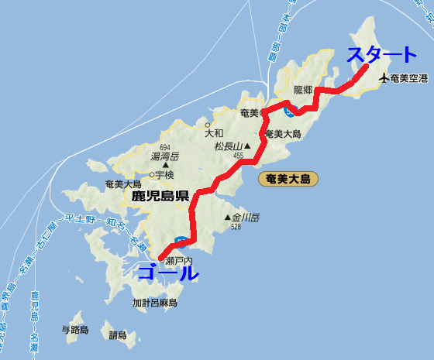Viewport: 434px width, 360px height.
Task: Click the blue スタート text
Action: tap(381, 55)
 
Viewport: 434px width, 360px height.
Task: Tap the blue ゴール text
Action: tap(168, 273)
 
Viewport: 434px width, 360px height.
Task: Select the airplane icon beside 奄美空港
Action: tap(383, 77)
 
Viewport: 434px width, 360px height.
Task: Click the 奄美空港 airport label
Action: tap(409, 77)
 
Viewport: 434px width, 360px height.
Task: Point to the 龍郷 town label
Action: tap(303, 90)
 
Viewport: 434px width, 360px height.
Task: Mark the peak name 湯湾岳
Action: tap(164, 156)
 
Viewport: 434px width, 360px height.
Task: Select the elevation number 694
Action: tap(164, 147)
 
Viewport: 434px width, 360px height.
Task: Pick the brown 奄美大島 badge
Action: tap(287, 179)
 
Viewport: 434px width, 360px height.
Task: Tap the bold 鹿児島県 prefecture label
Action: tap(160, 196)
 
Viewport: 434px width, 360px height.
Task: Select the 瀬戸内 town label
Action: tap(179, 262)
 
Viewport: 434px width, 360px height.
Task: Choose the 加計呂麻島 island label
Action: tap(155, 303)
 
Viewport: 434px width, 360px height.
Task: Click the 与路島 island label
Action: tap(75, 330)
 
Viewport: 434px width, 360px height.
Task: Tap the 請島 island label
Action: tap(118, 335)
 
